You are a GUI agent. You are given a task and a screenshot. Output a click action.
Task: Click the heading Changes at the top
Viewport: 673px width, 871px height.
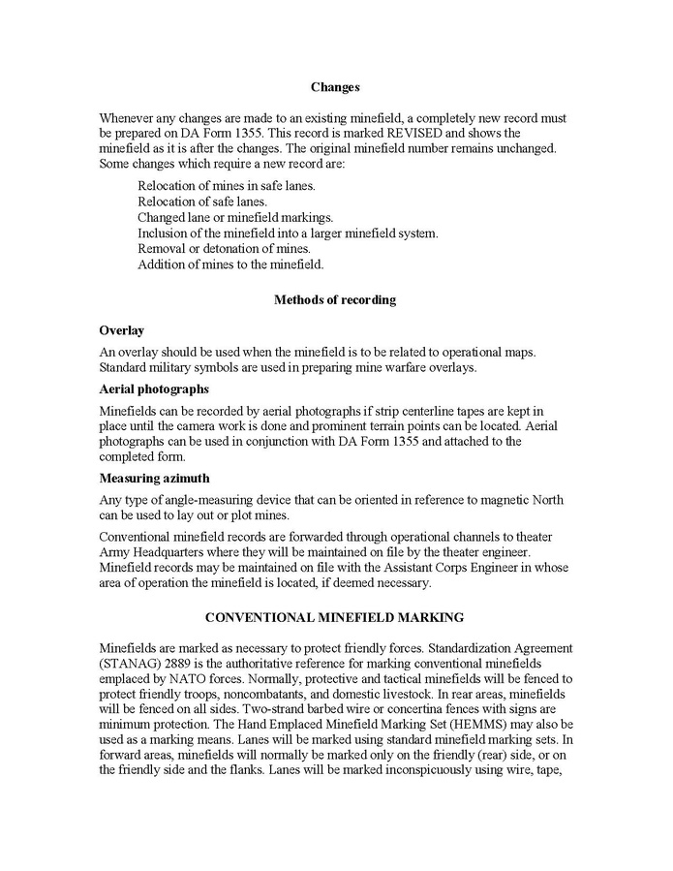335,87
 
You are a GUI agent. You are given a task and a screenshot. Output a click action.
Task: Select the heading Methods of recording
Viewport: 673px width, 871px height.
335,300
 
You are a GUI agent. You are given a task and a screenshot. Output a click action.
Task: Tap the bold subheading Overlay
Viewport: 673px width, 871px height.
121,331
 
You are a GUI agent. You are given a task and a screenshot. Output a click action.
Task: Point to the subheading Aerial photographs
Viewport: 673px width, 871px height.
154,389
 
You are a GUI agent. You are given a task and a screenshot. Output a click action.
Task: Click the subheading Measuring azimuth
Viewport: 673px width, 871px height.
153,478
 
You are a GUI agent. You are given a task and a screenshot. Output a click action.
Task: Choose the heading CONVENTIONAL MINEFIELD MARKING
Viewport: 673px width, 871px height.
335,617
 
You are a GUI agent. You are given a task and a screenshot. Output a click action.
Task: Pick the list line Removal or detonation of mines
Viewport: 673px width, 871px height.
224,248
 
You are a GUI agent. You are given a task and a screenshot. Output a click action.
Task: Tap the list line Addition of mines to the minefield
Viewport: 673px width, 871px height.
230,264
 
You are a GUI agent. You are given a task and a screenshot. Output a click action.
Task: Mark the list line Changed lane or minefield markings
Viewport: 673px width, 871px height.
235,217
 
